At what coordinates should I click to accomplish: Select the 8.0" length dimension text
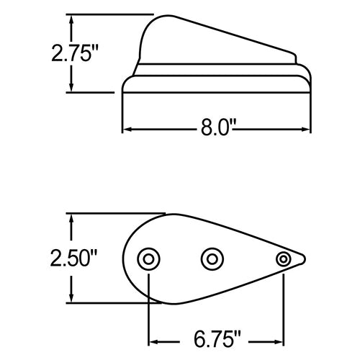(x=215, y=127)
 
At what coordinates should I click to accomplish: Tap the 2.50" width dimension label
(x=73, y=258)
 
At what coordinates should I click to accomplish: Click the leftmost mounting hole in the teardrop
(x=148, y=259)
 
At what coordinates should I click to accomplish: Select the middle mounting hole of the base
(x=212, y=259)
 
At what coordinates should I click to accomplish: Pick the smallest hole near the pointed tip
(x=284, y=259)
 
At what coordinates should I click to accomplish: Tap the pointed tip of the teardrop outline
(x=305, y=259)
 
